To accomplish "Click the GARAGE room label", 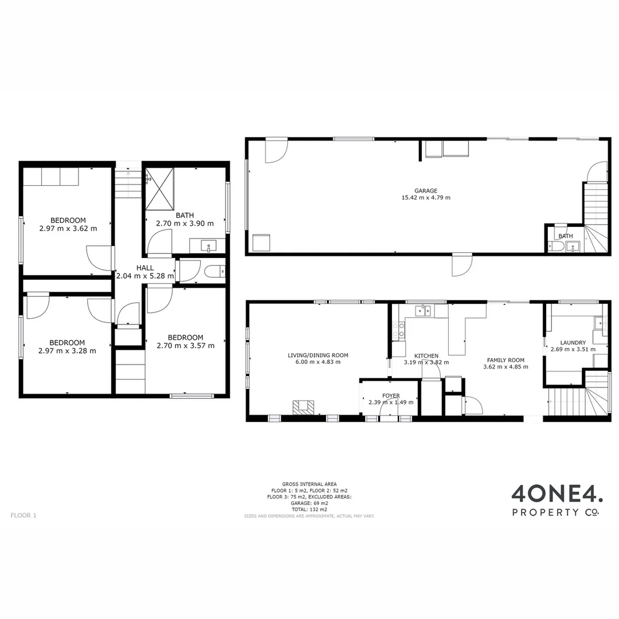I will tap(426, 191).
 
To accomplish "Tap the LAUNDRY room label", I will tap(573, 342).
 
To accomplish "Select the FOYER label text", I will tap(391, 395).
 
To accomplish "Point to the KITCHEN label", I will tap(426, 356).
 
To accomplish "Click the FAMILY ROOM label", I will tap(506, 360).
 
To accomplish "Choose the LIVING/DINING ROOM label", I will tap(318, 355).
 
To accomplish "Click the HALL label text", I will tap(144, 268).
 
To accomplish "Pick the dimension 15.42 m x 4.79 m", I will tap(426, 198).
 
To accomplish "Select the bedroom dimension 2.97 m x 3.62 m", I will tap(68, 228).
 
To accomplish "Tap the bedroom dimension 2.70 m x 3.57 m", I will tap(186, 345).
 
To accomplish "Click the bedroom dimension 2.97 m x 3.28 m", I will tap(67, 351).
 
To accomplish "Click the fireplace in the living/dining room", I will tap(303, 406).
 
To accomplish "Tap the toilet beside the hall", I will tap(214, 271).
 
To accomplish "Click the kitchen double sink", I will tap(423, 311).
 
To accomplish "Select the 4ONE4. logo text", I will tap(556, 494).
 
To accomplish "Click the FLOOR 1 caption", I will tap(23, 515).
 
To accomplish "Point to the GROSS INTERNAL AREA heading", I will tap(309, 484).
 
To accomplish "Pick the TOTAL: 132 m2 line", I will tap(309, 509).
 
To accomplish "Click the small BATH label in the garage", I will tap(565, 236).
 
